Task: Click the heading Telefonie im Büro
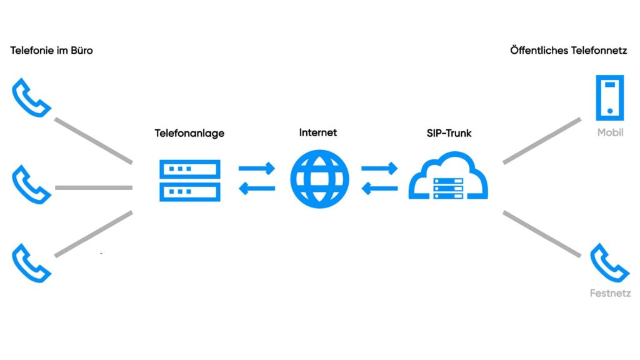point(51,51)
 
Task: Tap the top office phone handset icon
point(31,97)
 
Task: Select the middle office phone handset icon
point(31,184)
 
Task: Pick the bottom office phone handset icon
point(31,263)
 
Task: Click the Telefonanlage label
point(189,133)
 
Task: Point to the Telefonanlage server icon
point(190,181)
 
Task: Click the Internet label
point(317,132)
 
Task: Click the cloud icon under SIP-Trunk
point(448,178)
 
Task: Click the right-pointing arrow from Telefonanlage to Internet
point(257,168)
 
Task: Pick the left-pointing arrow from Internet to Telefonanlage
point(257,188)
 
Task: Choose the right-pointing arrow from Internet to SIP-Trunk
point(379,168)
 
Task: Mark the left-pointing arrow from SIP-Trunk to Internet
point(379,188)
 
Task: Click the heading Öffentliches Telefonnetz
point(568,51)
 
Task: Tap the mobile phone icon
point(610,97)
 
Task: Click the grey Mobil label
point(610,132)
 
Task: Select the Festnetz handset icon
point(610,263)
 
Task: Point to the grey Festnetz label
point(610,293)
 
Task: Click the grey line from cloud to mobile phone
point(542,141)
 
